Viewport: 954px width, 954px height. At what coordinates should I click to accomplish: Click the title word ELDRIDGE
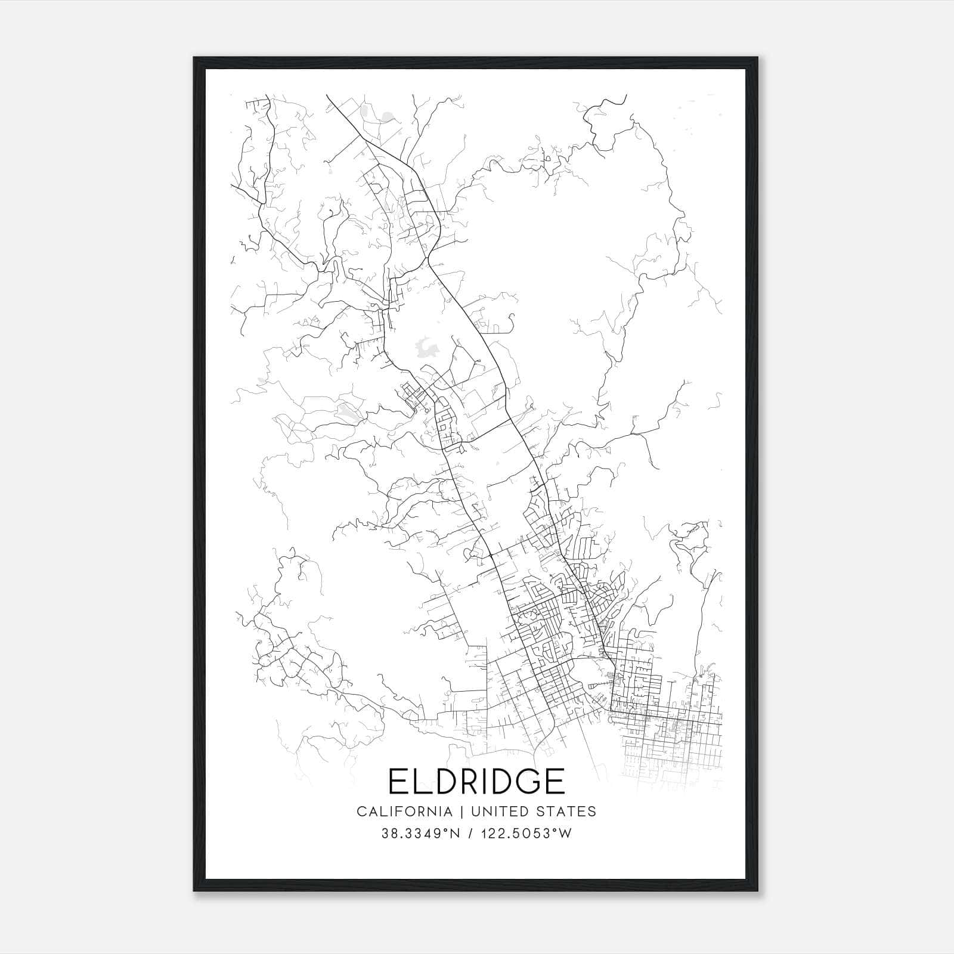tap(476, 780)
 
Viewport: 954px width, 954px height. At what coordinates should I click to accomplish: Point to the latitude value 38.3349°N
tap(421, 834)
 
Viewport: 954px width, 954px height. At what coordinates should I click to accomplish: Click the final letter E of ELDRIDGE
tap(553, 780)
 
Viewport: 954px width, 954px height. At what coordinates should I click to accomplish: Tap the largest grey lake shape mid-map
tap(426, 348)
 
